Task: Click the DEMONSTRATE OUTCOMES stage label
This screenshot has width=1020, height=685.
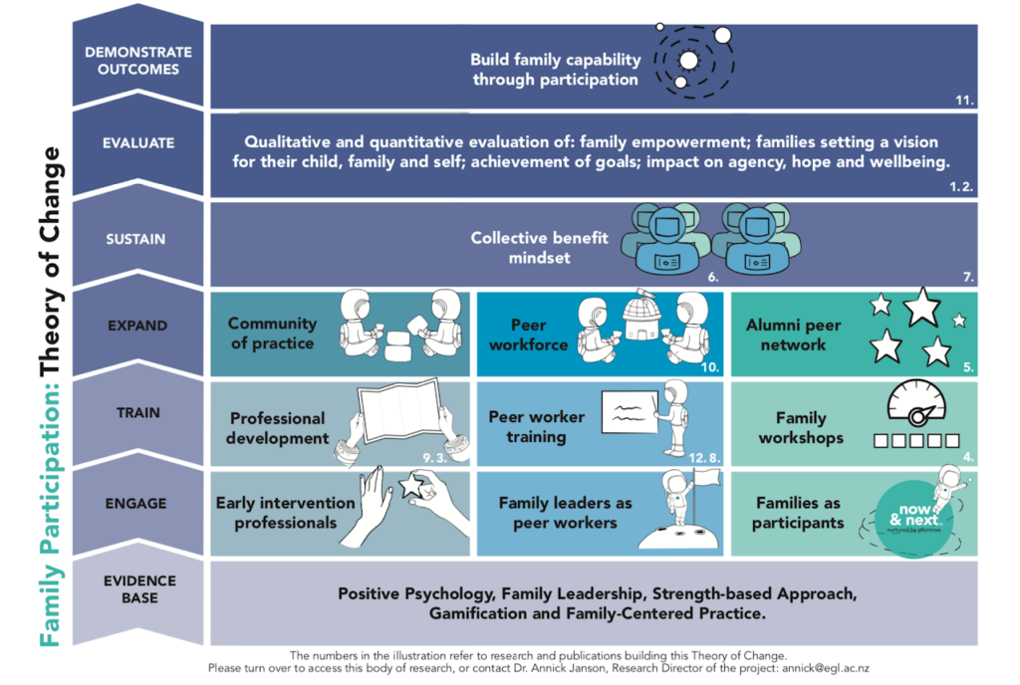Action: coord(138,60)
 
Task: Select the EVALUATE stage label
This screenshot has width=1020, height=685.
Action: coord(138,143)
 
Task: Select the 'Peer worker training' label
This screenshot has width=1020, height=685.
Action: coord(537,426)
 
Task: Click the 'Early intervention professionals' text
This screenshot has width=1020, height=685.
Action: coord(285,513)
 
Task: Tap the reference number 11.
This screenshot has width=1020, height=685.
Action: coord(963,100)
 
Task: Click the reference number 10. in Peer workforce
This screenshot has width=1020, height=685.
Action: coord(710,366)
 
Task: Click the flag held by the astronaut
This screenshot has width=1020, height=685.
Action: coord(706,485)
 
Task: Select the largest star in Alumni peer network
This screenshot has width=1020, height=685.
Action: coord(921,307)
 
